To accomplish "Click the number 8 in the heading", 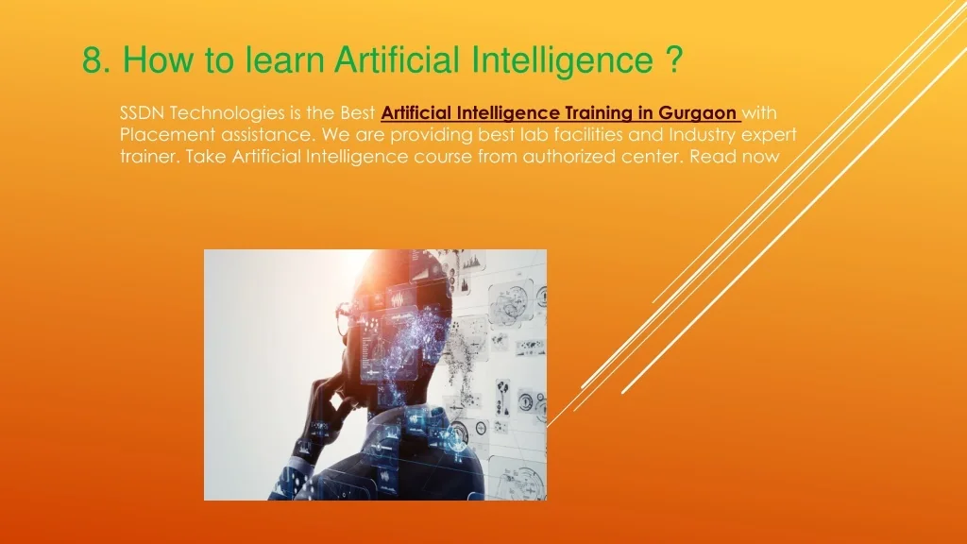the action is [92, 60].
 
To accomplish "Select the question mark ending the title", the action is [674, 59].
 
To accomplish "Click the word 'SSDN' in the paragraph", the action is [142, 113].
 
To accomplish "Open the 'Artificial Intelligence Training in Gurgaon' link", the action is [560, 113].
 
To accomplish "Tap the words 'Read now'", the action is [735, 156].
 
